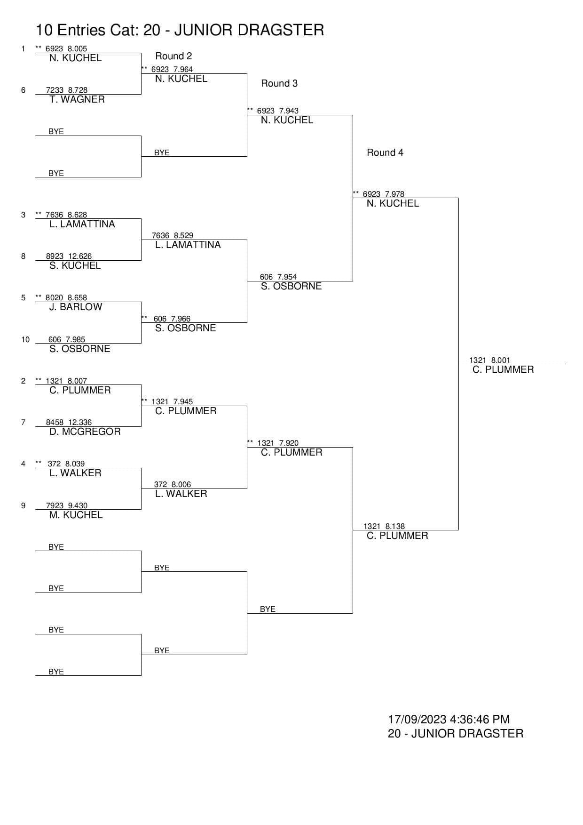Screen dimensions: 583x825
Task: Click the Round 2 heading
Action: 173,56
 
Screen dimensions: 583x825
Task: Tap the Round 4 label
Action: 385,152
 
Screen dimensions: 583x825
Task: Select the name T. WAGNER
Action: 77,99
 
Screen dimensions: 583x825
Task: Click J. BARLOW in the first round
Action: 76,307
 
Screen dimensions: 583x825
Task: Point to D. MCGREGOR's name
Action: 85,432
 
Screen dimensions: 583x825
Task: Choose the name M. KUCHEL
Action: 76,515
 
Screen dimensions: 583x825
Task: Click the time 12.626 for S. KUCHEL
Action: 80,256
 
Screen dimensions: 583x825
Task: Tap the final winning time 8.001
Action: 501,360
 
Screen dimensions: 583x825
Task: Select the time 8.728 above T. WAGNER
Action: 78,90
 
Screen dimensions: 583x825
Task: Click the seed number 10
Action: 25,339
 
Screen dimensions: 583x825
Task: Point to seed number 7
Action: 23,422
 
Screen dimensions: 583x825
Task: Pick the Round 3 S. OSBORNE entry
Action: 291,286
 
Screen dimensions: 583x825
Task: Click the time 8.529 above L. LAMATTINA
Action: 183,235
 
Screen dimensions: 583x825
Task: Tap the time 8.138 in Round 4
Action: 395,526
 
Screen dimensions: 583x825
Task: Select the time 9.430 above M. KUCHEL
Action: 78,505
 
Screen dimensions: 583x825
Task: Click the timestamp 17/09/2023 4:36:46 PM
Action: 449,719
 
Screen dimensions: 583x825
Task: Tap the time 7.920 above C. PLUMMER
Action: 289,443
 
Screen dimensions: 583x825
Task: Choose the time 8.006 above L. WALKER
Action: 181,484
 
